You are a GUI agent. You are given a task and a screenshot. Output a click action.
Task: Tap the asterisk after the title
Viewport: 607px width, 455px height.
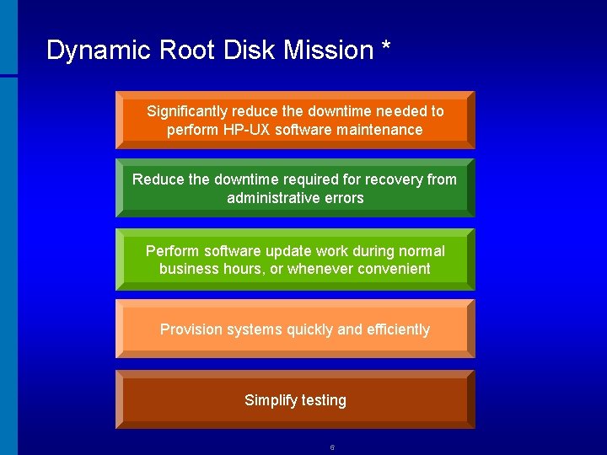tap(385, 47)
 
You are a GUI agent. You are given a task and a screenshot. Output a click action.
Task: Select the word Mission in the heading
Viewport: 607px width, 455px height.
tap(328, 51)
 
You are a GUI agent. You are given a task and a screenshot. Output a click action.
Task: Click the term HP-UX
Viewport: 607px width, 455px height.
tap(246, 130)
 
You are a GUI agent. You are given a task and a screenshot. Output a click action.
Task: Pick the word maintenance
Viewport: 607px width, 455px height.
tap(381, 130)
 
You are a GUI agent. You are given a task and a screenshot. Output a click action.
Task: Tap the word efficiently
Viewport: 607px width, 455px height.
tap(398, 329)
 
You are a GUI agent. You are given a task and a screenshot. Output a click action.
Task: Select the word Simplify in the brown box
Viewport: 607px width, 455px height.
tap(269, 400)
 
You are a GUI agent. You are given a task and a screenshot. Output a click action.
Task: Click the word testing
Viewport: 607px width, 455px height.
tap(323, 400)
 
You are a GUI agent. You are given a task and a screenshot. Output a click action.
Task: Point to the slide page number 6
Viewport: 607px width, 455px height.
tap(332, 447)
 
